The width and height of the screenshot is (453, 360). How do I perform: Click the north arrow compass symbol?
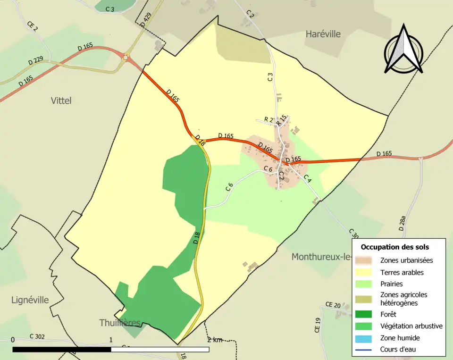(x=403, y=50)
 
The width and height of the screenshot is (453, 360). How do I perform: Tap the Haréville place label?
(x=323, y=34)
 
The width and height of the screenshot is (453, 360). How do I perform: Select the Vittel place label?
(x=61, y=100)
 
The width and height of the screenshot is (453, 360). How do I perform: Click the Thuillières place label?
(x=120, y=323)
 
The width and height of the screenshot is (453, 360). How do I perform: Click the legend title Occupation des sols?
(x=394, y=247)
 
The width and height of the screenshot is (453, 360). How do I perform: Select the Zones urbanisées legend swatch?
(x=366, y=260)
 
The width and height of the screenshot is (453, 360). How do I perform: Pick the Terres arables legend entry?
(x=402, y=272)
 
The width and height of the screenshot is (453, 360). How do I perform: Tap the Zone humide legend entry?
(x=400, y=338)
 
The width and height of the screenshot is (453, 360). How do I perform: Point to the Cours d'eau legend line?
(x=366, y=350)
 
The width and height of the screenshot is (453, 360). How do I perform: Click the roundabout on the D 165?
(x=126, y=58)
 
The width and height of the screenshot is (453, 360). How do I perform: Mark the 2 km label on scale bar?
(x=214, y=340)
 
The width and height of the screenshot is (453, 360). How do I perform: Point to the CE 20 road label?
(x=333, y=305)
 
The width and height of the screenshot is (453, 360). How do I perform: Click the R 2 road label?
(x=268, y=119)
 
